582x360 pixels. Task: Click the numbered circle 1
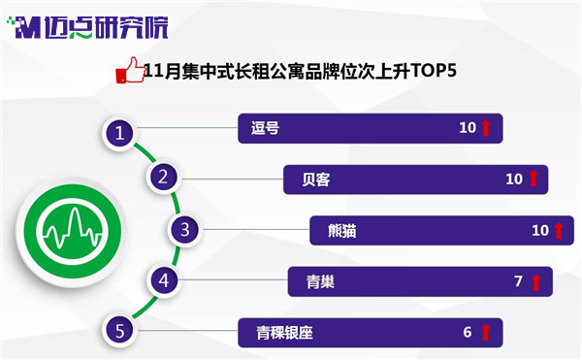pyautogui.click(x=119, y=133)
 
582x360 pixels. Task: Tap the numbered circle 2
pyautogui.click(x=163, y=177)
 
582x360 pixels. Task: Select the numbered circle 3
pyautogui.click(x=185, y=230)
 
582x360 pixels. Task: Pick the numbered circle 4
pyautogui.click(x=164, y=280)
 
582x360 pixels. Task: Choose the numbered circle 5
pyautogui.click(x=119, y=331)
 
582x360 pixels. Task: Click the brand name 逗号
pyautogui.click(x=265, y=128)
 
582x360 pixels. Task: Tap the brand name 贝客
pyautogui.click(x=316, y=180)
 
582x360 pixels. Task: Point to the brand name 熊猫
pyautogui.click(x=342, y=231)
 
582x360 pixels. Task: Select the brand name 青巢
pyautogui.click(x=320, y=281)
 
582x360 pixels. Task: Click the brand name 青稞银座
pyautogui.click(x=284, y=333)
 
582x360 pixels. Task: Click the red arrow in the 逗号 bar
pyautogui.click(x=486, y=128)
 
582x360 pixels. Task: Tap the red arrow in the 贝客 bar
pyautogui.click(x=533, y=179)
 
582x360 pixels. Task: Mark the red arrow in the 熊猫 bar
pyautogui.click(x=559, y=231)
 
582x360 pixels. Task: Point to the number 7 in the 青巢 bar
pyautogui.click(x=519, y=281)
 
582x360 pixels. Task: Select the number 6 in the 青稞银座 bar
pyautogui.click(x=468, y=332)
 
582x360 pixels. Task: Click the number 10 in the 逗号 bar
pyautogui.click(x=468, y=128)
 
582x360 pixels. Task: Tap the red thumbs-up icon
pyautogui.click(x=130, y=70)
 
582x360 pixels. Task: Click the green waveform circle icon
pyautogui.click(x=73, y=231)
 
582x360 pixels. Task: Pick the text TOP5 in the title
pyautogui.click(x=434, y=70)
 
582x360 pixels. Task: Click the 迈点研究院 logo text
pyautogui.click(x=106, y=28)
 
